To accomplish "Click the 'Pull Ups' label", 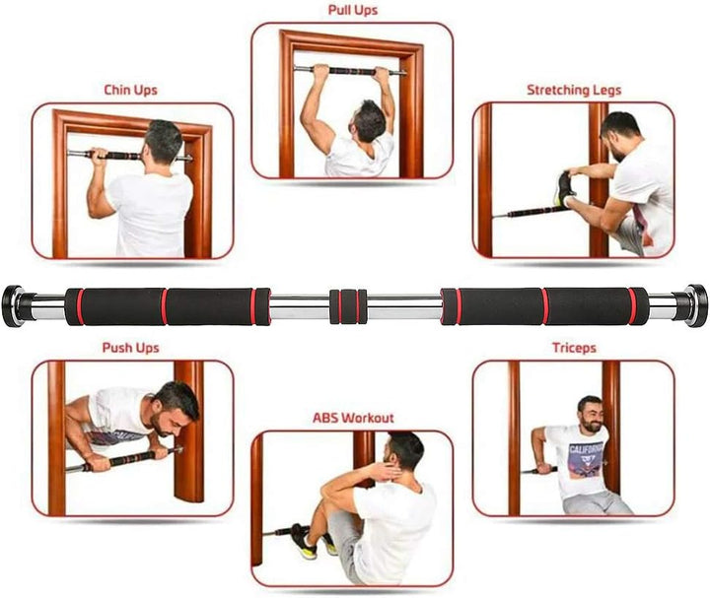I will pyautogui.click(x=352, y=11).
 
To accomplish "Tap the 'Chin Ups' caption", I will pyautogui.click(x=130, y=90).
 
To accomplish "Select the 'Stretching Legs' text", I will pyautogui.click(x=573, y=90).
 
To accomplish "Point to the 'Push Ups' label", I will pyautogui.click(x=130, y=348).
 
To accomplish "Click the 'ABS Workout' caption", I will pyautogui.click(x=353, y=418).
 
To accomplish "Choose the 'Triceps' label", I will pyautogui.click(x=573, y=348).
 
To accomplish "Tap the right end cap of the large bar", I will pyautogui.click(x=695, y=304).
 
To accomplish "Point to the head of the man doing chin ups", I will pyautogui.click(x=163, y=143).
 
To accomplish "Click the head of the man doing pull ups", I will pyautogui.click(x=370, y=120).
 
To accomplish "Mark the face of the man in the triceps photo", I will pyautogui.click(x=590, y=413).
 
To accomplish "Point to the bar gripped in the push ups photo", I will pyautogui.click(x=123, y=460).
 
